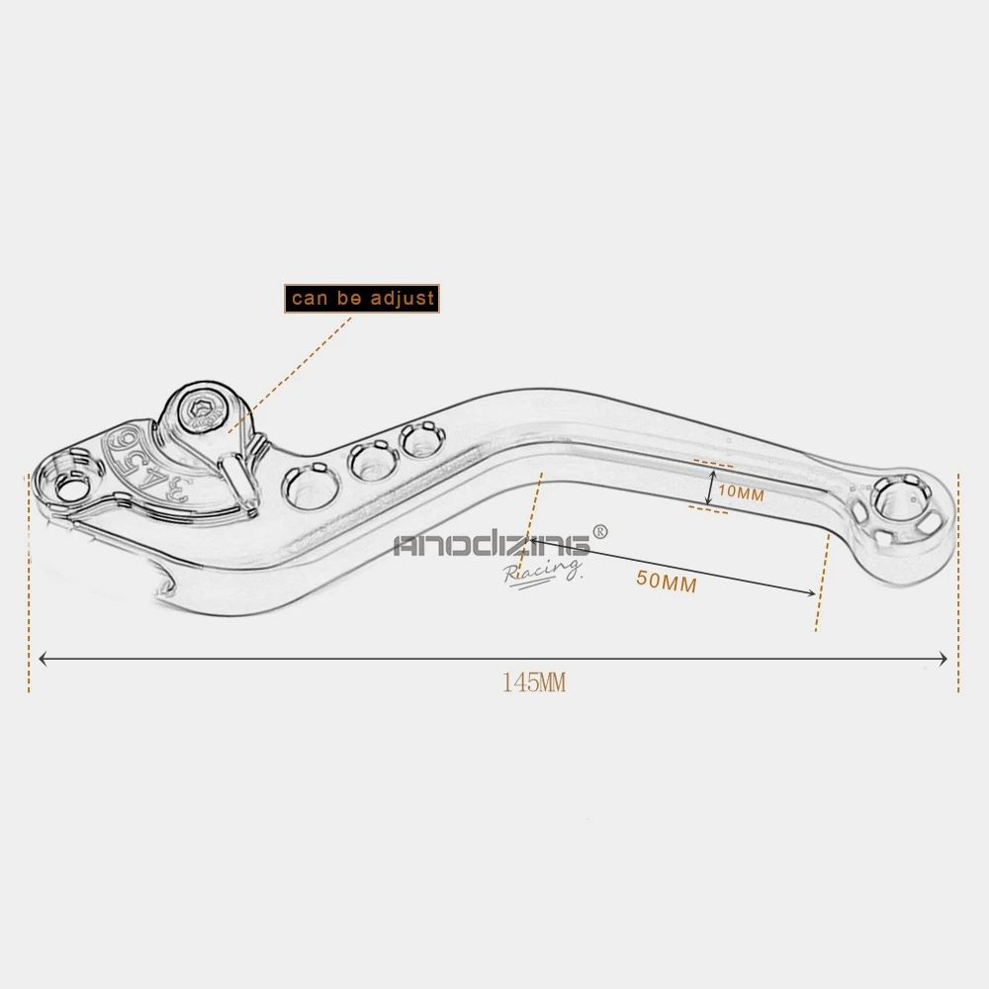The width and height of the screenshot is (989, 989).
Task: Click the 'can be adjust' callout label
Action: pos(362,299)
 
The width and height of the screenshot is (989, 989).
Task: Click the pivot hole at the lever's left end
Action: pos(72,487)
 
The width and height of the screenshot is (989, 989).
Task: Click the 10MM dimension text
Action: pos(741,493)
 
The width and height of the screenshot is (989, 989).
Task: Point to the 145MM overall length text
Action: pos(534,682)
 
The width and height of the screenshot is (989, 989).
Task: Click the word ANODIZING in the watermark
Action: pos(492,544)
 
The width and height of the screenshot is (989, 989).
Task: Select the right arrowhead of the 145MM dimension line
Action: pos(943,659)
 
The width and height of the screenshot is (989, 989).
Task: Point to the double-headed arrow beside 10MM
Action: pos(710,488)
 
